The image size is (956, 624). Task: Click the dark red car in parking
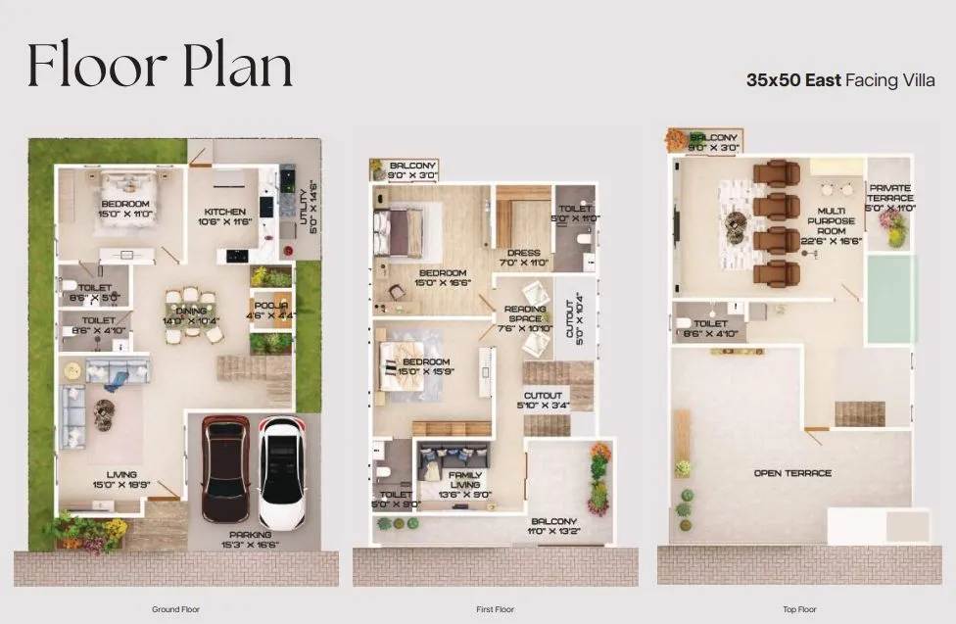(225, 468)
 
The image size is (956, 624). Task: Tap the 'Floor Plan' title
(160, 67)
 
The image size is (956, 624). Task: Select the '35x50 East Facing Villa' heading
(841, 80)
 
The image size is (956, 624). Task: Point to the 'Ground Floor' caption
(176, 609)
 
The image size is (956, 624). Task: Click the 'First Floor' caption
(495, 609)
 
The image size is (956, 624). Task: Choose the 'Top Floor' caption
(799, 609)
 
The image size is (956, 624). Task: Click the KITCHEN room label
(224, 216)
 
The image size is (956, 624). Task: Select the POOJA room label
(269, 310)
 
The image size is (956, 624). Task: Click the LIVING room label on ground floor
(108, 480)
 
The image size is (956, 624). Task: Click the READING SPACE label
(525, 318)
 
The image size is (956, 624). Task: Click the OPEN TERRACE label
(792, 473)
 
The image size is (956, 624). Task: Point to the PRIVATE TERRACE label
(889, 198)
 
